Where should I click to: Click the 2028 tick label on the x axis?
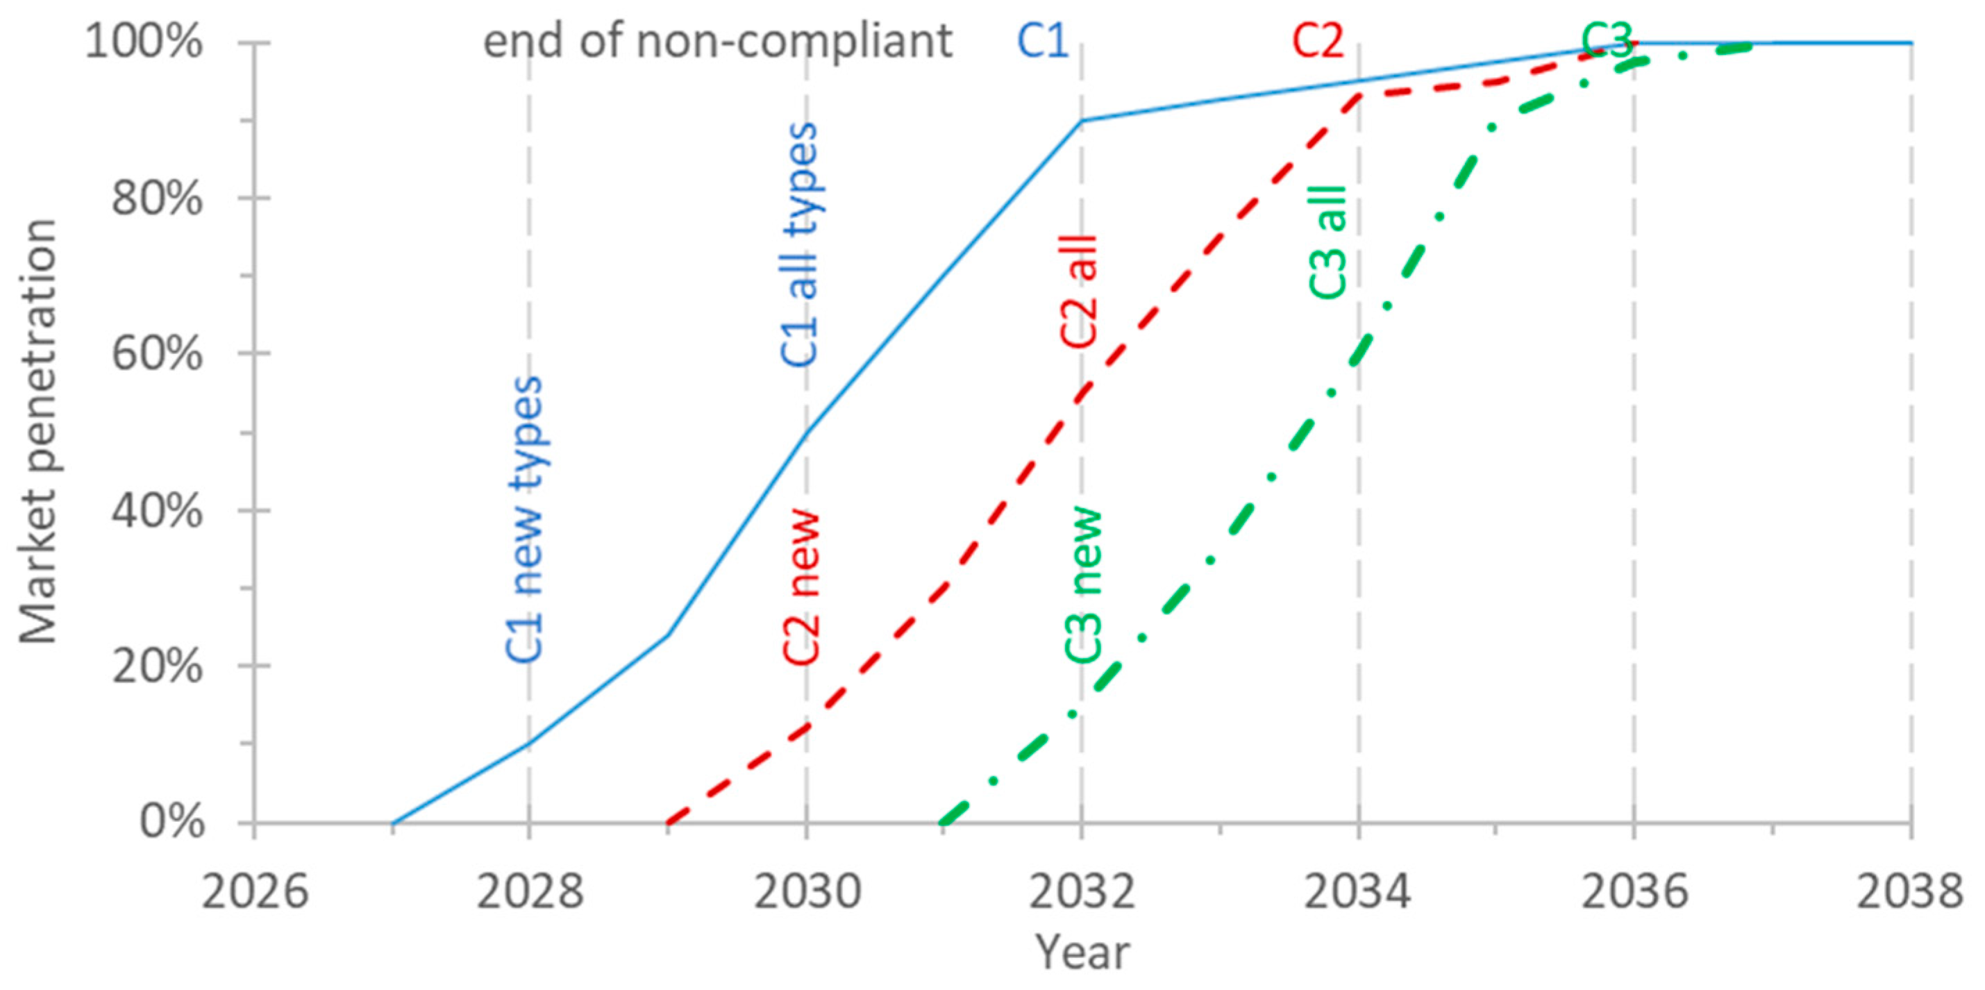click(x=528, y=892)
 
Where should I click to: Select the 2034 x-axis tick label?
click(x=1358, y=892)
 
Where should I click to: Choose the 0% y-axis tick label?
click(x=171, y=822)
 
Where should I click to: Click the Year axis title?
click(x=1081, y=953)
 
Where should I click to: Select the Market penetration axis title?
click(x=38, y=431)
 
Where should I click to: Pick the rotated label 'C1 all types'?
click(x=800, y=245)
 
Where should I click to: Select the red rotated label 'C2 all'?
click(x=1078, y=293)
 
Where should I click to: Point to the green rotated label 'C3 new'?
click(x=1084, y=585)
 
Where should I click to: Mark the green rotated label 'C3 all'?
click(x=1327, y=242)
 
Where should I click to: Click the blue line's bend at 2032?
click(x=1082, y=120)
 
